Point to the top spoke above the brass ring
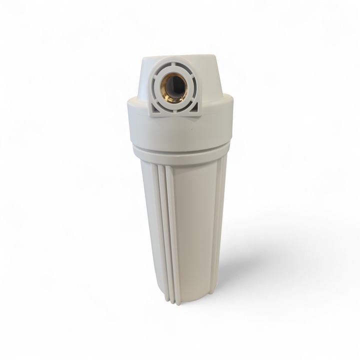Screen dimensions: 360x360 (x=174, y=66)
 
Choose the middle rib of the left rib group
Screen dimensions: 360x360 (x=163, y=230)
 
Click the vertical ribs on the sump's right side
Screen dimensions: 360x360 (x=218, y=210)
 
